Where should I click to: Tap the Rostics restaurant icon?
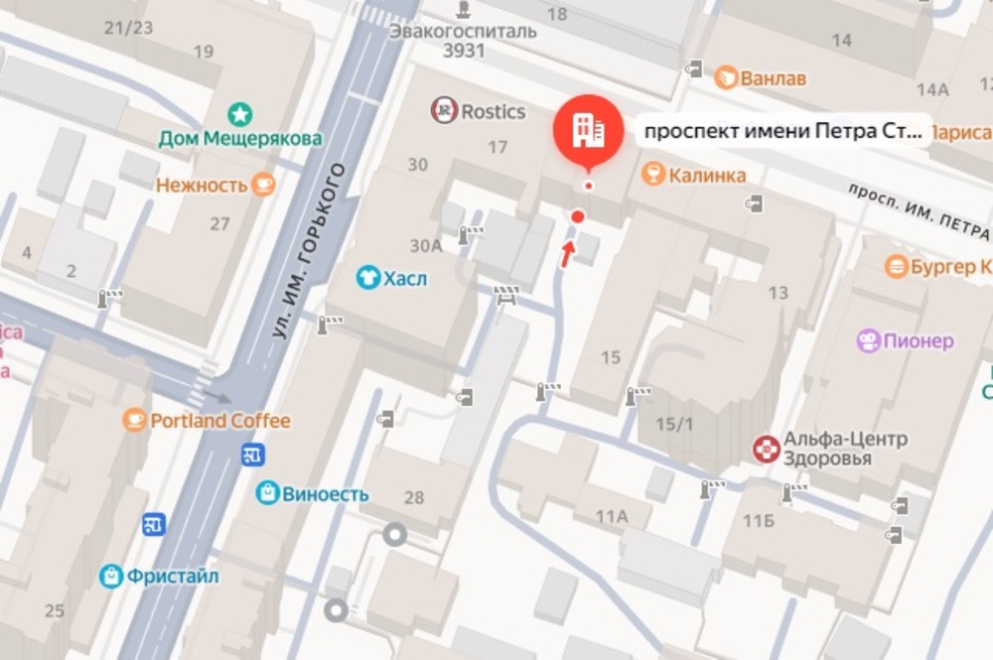(x=444, y=111)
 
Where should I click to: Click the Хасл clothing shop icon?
(x=368, y=279)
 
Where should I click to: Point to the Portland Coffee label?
(x=219, y=421)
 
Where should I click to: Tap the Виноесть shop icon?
(x=267, y=493)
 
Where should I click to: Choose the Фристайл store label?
(x=173, y=576)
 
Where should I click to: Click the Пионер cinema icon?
(x=870, y=341)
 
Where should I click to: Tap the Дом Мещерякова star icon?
(x=240, y=114)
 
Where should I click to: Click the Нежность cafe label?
(x=201, y=186)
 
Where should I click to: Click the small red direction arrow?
(x=568, y=253)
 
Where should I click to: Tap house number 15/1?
(x=674, y=424)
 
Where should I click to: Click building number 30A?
(x=425, y=245)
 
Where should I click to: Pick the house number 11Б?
(x=758, y=520)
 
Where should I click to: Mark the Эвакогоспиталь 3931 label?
(x=463, y=40)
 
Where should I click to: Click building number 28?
(x=414, y=497)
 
